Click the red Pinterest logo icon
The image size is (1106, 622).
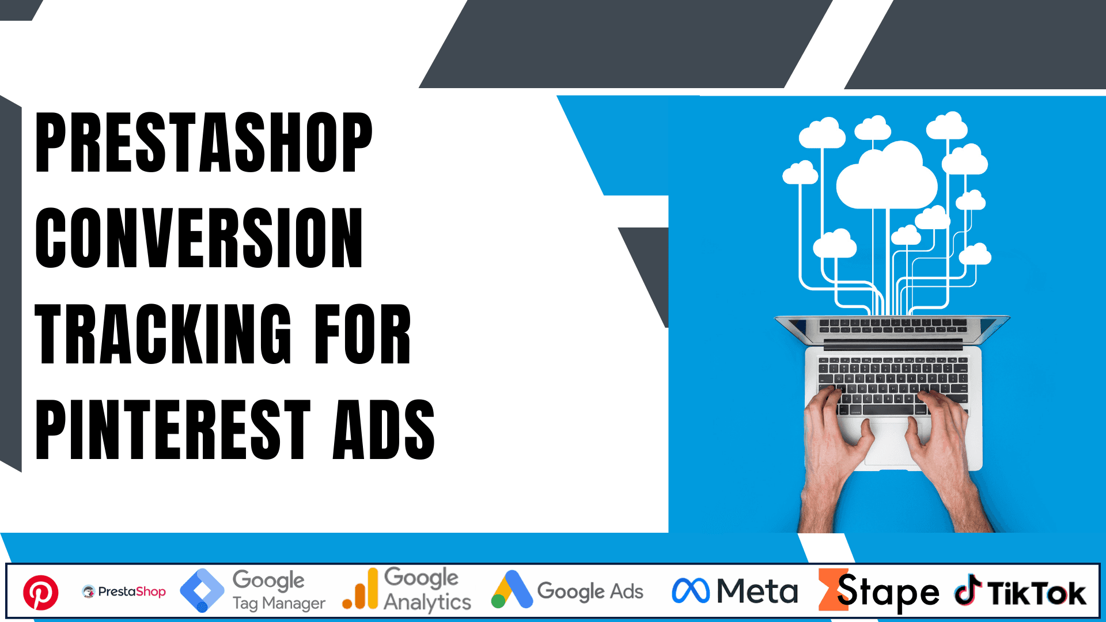coord(41,592)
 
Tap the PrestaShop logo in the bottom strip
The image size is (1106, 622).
coord(124,591)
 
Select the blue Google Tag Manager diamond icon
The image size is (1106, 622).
coord(202,590)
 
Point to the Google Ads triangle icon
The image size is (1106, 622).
coord(512,590)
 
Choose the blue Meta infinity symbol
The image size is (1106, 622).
coord(691,591)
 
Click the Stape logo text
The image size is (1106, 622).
coord(887,591)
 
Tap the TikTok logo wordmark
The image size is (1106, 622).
coord(1036,593)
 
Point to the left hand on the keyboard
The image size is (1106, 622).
coord(835,438)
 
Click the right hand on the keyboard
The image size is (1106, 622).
coord(942,438)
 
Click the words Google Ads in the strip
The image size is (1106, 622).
coord(590,591)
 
